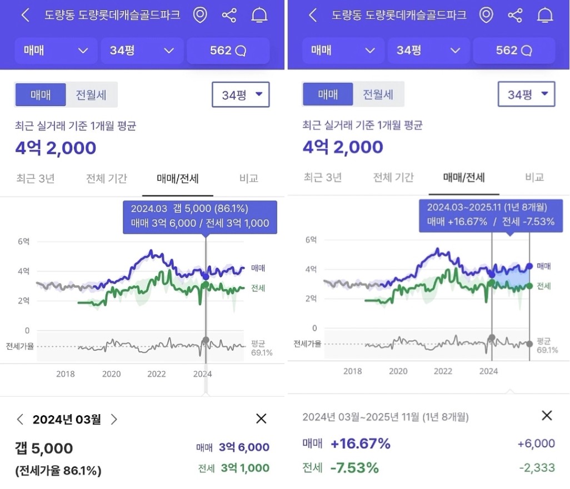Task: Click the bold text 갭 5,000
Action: coord(44,448)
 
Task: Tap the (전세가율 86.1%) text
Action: coord(58,471)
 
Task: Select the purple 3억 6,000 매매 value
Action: coord(244,447)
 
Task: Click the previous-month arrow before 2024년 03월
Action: coord(21,420)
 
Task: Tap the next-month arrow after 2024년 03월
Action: coord(114,420)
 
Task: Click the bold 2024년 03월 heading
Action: coord(67,420)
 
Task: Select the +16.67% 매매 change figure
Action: coord(360,443)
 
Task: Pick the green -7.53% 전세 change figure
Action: coord(354,468)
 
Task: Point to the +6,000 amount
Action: coord(536,443)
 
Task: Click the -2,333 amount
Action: coord(537,468)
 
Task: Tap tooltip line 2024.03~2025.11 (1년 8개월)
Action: coord(487,208)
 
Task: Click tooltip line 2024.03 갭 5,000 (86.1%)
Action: coord(189,209)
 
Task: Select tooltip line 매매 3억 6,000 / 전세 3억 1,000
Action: coord(200,223)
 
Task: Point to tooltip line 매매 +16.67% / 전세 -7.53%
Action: coord(491,222)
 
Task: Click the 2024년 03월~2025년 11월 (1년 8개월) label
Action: coord(386,417)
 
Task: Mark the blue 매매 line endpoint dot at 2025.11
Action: coord(529,266)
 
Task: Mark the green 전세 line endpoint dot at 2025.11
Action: coord(529,286)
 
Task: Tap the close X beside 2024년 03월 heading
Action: coord(261,419)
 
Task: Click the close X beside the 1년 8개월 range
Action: coord(547,416)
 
